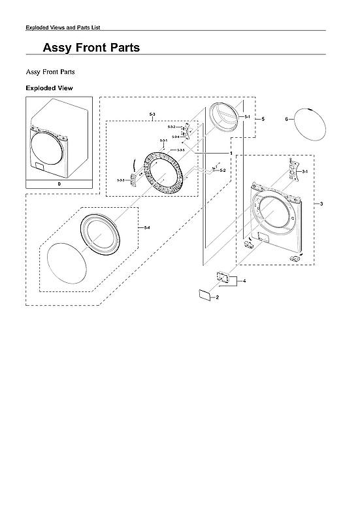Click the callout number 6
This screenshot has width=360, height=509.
coord(287,120)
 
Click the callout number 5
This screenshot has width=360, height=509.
coord(262,119)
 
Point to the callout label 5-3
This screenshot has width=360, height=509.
coord(152,114)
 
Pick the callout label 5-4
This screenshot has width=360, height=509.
coord(147,227)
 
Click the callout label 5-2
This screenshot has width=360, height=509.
coord(223,170)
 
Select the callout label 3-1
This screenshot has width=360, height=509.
coord(304,171)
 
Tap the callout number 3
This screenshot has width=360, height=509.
coord(321,205)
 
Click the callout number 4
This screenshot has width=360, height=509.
coord(244,280)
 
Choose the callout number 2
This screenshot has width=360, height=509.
coord(217,297)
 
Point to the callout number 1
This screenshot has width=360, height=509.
coord(231,152)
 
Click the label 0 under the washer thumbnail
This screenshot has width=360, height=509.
coord(59,184)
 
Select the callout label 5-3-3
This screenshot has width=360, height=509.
coord(121,180)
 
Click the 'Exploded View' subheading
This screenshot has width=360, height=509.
coord(49,88)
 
